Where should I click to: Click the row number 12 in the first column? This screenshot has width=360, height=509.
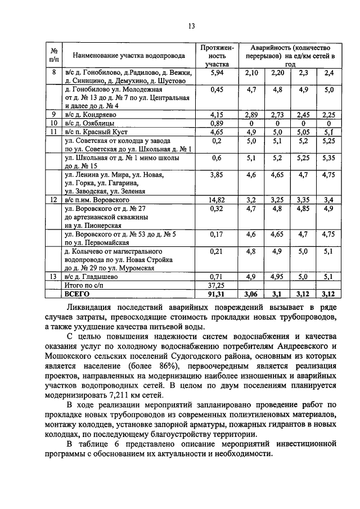(53, 199)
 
